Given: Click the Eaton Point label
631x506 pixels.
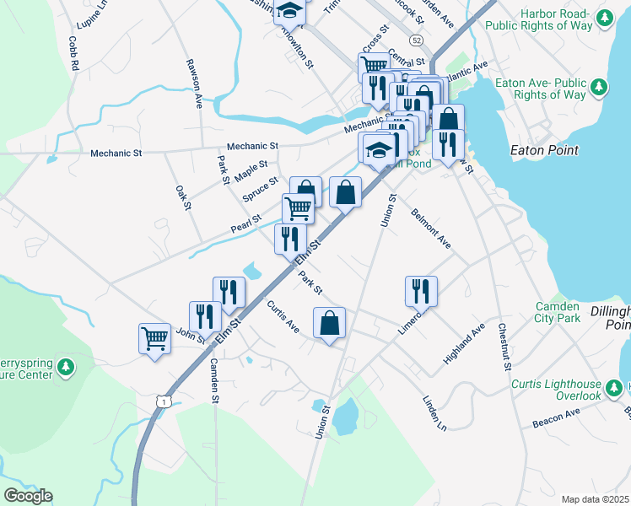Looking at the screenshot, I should [545, 150].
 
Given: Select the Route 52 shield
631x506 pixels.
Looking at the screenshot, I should [417, 40].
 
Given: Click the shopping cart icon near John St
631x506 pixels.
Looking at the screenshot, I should [154, 339].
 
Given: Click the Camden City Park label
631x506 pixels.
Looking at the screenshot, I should [557, 312].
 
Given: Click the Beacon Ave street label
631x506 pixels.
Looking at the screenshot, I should [556, 416].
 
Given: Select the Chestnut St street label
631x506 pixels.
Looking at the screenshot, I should [504, 347].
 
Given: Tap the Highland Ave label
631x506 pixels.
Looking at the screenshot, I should [464, 344].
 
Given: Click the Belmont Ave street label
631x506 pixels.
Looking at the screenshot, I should [431, 228].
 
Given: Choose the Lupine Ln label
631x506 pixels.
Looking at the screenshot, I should [93, 10].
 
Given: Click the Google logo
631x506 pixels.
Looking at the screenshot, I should [28, 496].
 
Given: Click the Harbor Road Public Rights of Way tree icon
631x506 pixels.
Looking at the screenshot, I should [604, 17].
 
